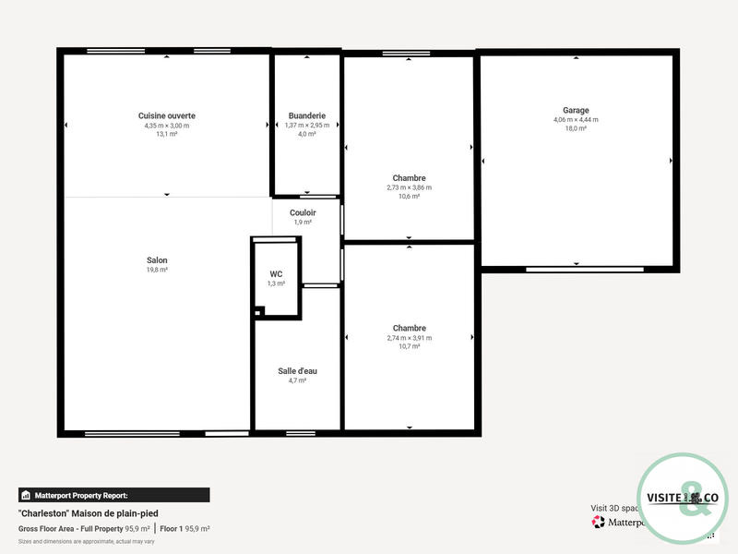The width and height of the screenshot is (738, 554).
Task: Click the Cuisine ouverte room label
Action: coord(167,115)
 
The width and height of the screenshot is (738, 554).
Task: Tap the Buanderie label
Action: coord(306,115)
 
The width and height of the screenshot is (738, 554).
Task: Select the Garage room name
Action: coord(576,110)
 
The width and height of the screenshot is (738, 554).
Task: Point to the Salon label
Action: coord(157,260)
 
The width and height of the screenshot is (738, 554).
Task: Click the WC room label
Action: coord(276,274)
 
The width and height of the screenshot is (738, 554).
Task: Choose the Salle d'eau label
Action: coord(297,371)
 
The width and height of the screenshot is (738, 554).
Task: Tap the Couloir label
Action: coord(303,212)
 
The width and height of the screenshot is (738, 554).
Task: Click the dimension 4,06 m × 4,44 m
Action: coord(576,119)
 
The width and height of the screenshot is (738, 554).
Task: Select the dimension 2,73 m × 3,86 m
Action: coord(409,187)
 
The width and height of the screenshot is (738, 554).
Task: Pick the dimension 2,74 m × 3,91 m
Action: coord(409,338)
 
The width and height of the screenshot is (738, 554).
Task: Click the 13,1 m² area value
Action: coord(167,134)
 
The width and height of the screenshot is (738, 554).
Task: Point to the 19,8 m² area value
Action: coord(157,270)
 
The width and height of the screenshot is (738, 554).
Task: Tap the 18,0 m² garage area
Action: coord(576,128)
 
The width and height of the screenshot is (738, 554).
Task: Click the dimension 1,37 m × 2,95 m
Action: coord(306,125)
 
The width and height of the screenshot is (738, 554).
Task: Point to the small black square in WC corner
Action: coord(258,312)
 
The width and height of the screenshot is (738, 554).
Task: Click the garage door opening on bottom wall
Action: coord(577,270)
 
